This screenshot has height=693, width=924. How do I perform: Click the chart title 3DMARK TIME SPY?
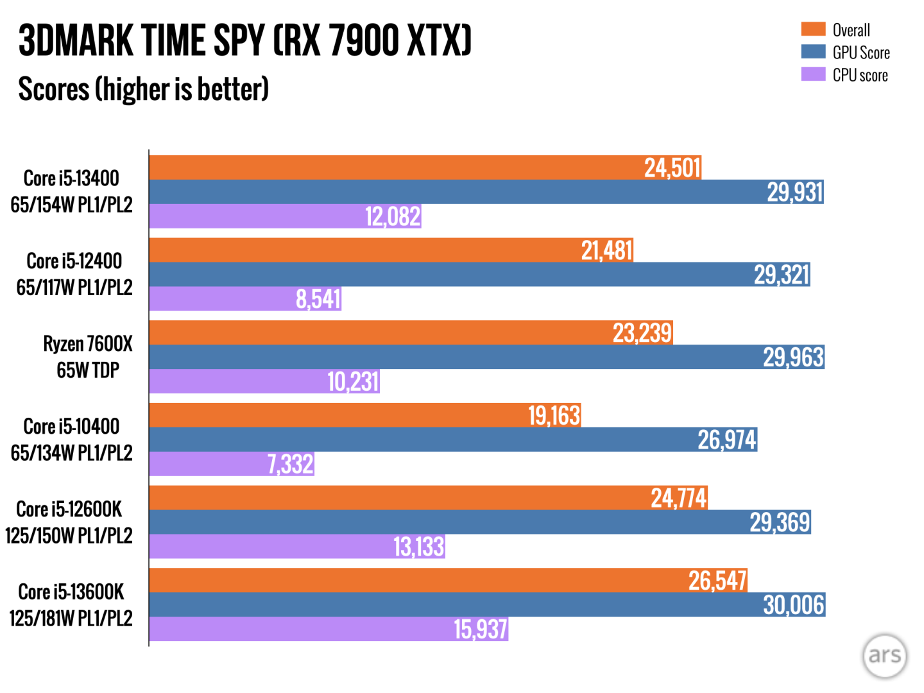click(244, 41)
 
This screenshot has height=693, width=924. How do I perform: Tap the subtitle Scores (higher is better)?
click(143, 89)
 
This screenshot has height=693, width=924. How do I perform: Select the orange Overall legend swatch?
click(813, 30)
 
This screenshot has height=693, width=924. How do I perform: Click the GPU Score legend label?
click(860, 53)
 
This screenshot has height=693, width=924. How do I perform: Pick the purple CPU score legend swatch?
click(813, 74)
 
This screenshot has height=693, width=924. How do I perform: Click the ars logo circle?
click(885, 655)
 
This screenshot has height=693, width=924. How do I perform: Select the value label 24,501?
click(672, 168)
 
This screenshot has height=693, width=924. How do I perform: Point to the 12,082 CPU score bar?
click(285, 217)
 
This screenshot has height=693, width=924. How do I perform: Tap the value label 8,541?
click(318, 299)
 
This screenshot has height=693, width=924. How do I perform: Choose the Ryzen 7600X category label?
click(88, 357)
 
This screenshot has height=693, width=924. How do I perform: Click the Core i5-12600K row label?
click(69, 522)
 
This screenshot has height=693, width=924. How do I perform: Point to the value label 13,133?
click(418, 547)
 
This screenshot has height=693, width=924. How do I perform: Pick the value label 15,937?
click(480, 629)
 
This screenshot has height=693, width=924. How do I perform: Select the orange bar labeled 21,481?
click(391, 250)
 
